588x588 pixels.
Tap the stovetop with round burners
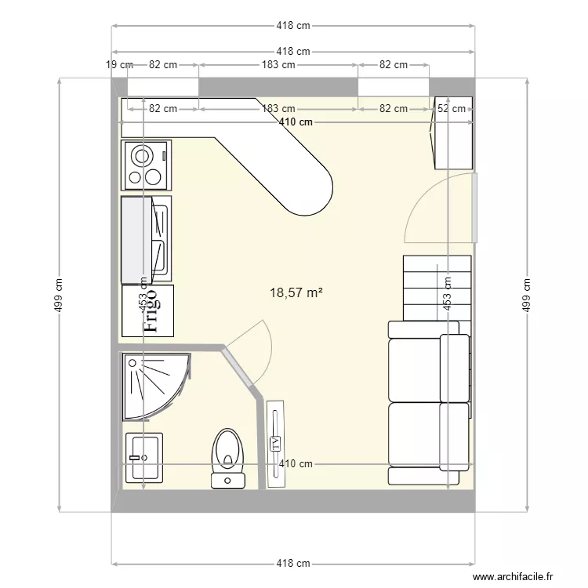pyautogui.click(x=147, y=165)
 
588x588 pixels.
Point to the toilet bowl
pyautogui.click(x=228, y=455)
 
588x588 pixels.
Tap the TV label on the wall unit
pyautogui.click(x=276, y=444)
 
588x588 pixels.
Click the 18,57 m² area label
pyautogui.click(x=296, y=292)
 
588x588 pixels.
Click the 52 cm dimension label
pyautogui.click(x=452, y=109)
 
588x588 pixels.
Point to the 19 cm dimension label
pyautogui.click(x=119, y=65)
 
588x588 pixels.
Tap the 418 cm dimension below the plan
pyautogui.click(x=293, y=564)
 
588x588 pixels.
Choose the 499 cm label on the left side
pyautogui.click(x=59, y=296)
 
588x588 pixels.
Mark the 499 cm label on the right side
pyautogui.click(x=527, y=296)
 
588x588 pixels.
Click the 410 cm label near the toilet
pyautogui.click(x=296, y=463)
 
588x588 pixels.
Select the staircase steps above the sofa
pyautogui.click(x=437, y=287)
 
